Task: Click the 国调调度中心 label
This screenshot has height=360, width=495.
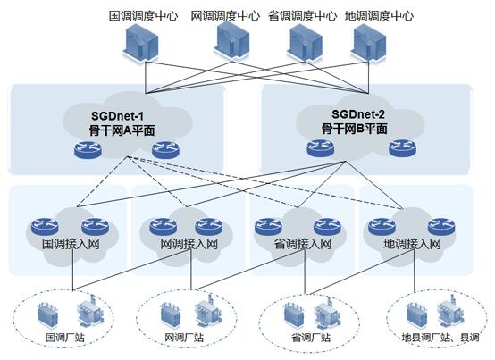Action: tap(143, 15)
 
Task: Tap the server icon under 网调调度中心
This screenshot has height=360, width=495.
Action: tap(231, 41)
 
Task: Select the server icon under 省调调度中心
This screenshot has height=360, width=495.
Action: tap(305, 42)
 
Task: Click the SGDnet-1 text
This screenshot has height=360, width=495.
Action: tap(117, 116)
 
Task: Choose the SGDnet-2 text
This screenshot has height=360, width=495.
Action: tap(358, 114)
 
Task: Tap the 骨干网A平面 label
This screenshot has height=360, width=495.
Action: tap(122, 130)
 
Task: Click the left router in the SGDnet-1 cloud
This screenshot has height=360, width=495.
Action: tap(88, 149)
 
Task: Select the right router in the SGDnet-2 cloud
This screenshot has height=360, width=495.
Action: tap(402, 147)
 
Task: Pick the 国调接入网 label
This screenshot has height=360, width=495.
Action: tap(71, 244)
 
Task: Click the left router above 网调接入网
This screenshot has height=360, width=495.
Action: tap(163, 227)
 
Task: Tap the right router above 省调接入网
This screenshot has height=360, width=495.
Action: tap(327, 227)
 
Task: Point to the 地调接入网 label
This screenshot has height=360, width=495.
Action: tap(412, 244)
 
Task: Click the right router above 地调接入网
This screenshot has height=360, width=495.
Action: tap(441, 227)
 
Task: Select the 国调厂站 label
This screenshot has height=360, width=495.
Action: tap(65, 338)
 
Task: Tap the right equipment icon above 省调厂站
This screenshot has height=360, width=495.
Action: tap(328, 312)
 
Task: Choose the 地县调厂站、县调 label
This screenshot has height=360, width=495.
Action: tap(440, 338)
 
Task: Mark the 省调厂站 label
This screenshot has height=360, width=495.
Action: tap(311, 338)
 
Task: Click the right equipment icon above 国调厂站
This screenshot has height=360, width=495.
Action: tap(91, 311)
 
